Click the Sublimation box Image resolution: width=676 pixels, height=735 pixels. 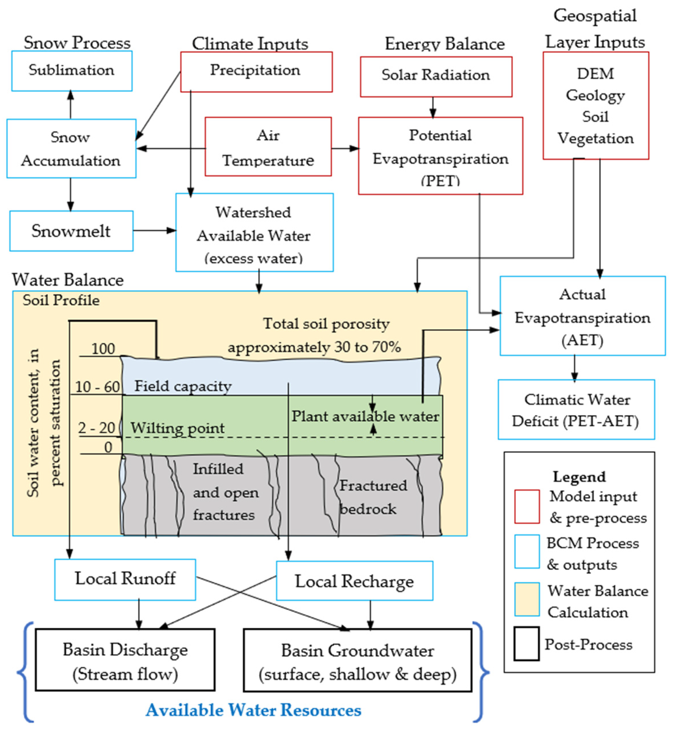coord(72,71)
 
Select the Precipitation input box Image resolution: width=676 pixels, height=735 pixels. coord(256,71)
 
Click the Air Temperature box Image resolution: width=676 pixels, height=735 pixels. coord(268,146)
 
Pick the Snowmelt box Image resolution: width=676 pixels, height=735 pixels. coord(71,231)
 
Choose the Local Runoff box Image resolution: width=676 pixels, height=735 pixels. coord(125,580)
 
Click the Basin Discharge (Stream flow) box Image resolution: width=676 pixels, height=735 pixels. coord(125,662)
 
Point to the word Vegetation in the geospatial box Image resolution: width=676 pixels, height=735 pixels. coord(596,138)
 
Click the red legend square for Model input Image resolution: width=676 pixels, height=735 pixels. coord(527,507)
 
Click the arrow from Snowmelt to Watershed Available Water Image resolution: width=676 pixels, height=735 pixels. coord(154,231)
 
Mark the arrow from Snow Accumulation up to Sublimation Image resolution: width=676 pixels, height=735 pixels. coord(71,105)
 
